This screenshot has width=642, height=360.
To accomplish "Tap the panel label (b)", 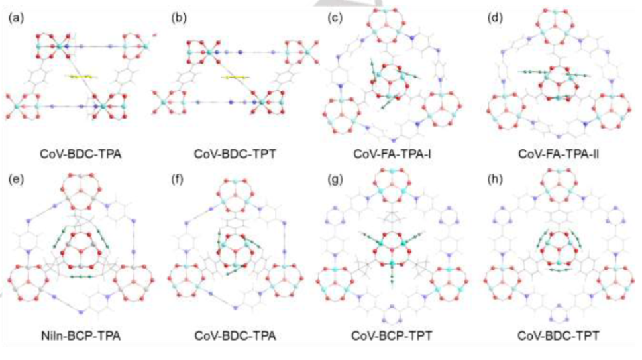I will [178, 19].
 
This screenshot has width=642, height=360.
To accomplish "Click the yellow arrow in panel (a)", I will [80, 77].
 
